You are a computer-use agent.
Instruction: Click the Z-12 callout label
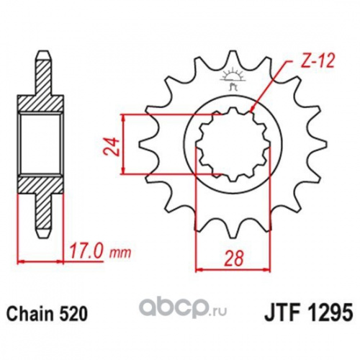pos(317,61)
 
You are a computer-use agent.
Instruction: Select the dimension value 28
pos(234,258)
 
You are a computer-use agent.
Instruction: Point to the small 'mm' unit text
pos(120,253)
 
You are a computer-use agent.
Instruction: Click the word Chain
pos(30,314)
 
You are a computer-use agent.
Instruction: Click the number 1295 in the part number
pos(328,313)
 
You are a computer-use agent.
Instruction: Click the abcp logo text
pos(174,309)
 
